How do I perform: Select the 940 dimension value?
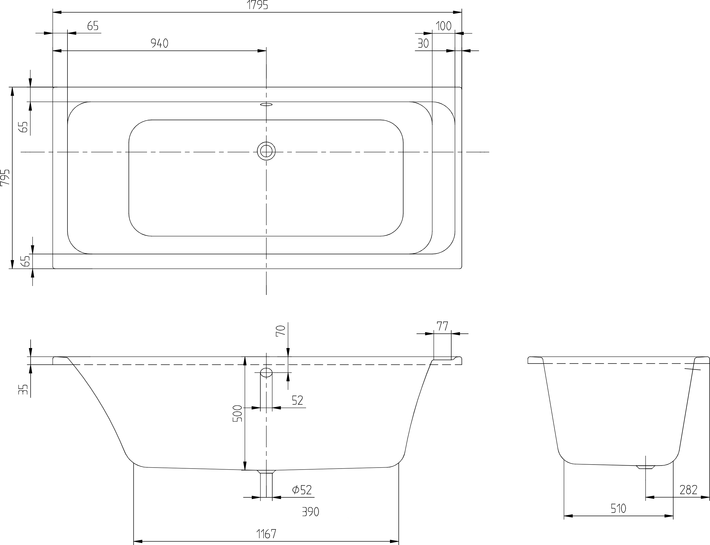point(160,43)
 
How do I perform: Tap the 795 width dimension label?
point(5,177)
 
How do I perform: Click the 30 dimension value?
point(423,43)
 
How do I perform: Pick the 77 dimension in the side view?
point(442,326)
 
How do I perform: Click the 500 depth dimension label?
point(238,414)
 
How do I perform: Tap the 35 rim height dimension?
point(23,390)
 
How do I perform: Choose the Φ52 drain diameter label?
point(302,490)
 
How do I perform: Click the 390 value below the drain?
point(311,512)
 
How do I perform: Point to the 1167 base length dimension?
point(266,534)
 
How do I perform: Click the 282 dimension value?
point(688,490)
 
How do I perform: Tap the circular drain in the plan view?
point(266,151)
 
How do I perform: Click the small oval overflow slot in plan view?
point(266,104)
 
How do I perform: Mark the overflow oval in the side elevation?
point(266,373)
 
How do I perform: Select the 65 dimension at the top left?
point(93,26)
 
